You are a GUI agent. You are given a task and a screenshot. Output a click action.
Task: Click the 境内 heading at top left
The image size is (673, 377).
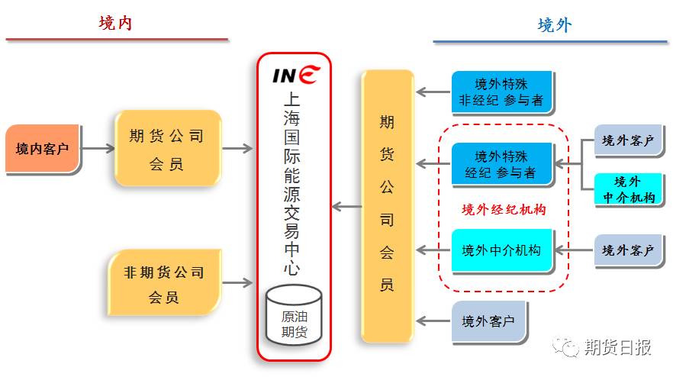115,23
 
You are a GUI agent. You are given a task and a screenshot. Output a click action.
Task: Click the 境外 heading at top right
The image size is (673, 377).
555,25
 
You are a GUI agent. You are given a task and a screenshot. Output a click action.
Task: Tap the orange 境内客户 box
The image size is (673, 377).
42,148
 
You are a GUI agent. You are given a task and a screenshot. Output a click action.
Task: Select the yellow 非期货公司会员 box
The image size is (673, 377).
164,283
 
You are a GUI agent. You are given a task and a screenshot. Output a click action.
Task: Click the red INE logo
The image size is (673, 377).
296,75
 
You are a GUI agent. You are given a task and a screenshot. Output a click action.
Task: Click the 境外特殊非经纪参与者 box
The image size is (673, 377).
501,92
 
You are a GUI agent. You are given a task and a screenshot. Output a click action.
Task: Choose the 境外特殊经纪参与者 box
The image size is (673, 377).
501,165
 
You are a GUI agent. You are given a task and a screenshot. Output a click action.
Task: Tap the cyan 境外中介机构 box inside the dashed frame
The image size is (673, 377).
501,250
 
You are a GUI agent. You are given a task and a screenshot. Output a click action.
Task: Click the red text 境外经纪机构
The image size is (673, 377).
504,208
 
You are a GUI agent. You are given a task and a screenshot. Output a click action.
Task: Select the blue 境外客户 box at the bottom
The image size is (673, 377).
488,321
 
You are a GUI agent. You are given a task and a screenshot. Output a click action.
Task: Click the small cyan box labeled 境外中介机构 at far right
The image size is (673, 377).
628,190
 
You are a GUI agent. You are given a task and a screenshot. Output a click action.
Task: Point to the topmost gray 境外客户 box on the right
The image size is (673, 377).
628,141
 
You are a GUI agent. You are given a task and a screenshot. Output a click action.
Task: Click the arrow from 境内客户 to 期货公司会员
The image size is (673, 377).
96,148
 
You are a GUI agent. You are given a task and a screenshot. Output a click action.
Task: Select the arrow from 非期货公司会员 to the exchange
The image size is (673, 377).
237,283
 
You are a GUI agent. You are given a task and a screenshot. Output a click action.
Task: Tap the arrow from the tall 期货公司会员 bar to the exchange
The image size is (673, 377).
347,206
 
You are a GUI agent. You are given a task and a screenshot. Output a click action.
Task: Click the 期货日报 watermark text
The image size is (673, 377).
617,348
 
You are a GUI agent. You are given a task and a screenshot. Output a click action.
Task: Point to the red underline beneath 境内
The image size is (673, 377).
117,39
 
